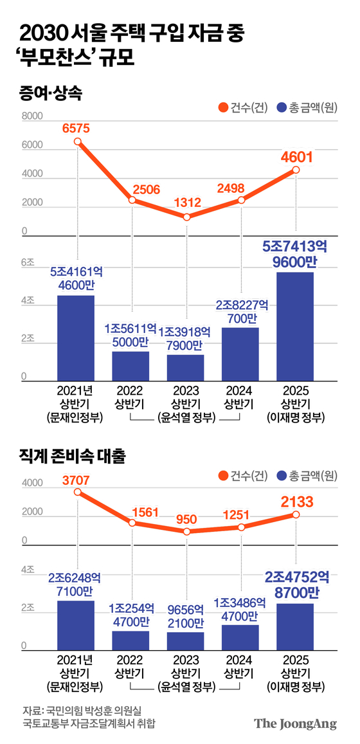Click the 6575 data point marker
tap(77, 141)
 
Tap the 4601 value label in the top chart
tap(296, 156)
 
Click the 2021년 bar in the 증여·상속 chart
tap(76, 338)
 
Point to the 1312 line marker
tap(186, 217)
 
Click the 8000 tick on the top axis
tap(32, 117)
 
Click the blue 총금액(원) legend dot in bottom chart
tap(281, 476)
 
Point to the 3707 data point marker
tap(77, 492)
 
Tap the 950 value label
tap(186, 518)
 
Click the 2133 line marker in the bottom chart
tap(296, 514)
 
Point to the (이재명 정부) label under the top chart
tap(296, 418)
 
